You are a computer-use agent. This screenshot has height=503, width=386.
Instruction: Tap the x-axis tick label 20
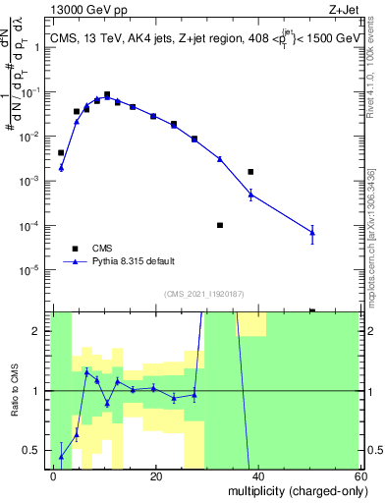coord(155,475)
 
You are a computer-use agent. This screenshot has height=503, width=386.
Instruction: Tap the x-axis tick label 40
coord(257,475)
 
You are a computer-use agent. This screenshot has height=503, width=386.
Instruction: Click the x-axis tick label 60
coord(359,475)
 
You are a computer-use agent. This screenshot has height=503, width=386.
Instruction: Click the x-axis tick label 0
coord(53,475)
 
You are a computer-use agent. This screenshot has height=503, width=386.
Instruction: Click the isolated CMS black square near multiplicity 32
coord(220,225)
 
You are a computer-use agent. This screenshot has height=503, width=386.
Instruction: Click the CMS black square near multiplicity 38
coord(250,172)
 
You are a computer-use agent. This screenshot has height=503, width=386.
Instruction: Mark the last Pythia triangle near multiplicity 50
coord(312,233)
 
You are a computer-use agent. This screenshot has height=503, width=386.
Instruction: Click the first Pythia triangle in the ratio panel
coord(61,456)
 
